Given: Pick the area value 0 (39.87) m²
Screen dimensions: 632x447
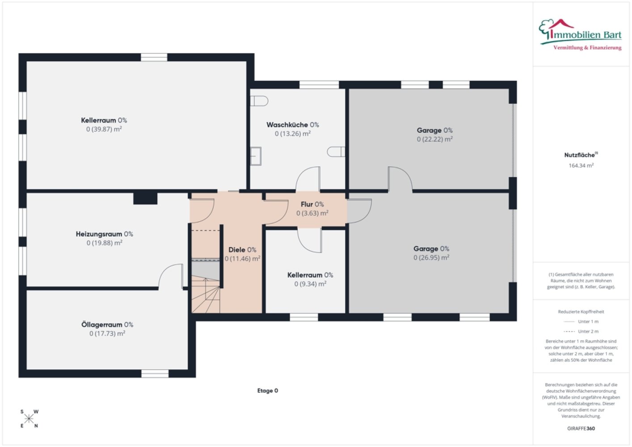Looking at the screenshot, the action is tap(104, 129).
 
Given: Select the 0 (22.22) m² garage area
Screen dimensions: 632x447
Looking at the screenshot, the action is tap(435, 139).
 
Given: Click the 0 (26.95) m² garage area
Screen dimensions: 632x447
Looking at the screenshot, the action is tap(431, 257).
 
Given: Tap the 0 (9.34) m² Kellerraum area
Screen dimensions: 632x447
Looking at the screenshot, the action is tap(310, 284).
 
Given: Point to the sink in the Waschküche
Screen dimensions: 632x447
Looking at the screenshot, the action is tap(256, 156).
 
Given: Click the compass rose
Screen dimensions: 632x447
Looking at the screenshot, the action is tap(29, 419).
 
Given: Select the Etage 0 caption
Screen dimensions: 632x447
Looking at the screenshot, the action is tap(267, 391).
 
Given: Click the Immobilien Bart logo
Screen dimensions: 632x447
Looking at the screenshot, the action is tap(580, 35).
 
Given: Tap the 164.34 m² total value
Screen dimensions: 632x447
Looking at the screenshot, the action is tap(581, 165).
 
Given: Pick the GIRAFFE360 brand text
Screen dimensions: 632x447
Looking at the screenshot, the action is tap(581, 428).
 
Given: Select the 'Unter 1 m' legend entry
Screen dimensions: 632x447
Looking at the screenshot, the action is tap(581, 321).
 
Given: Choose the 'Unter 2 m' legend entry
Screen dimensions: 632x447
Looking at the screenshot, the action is tap(581, 331).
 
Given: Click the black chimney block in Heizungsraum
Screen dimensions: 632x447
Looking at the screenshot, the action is tap(145, 198).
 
